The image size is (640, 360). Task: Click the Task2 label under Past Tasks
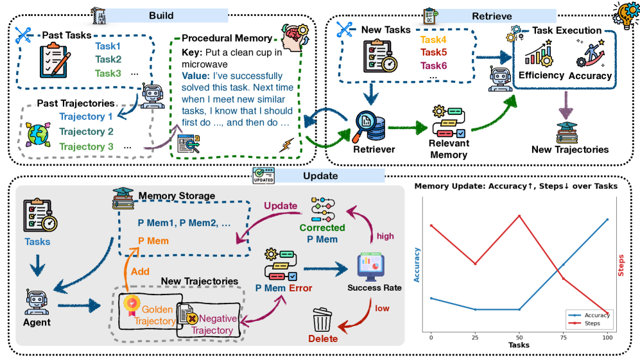[108, 59]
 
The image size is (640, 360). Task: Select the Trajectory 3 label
[86, 147]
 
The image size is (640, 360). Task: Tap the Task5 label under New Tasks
[433, 52]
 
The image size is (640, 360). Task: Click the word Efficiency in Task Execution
[541, 75]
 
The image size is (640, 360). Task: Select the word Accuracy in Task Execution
[591, 76]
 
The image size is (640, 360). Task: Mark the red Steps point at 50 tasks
[519, 216]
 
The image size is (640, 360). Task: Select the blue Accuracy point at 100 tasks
[607, 219]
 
